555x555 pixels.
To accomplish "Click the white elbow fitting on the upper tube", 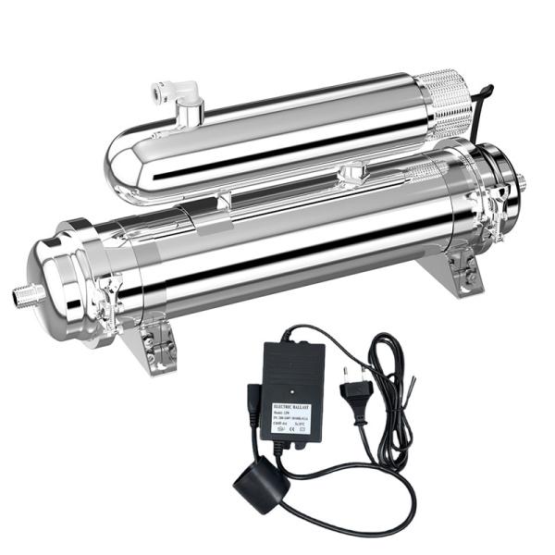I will click(x=184, y=92).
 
